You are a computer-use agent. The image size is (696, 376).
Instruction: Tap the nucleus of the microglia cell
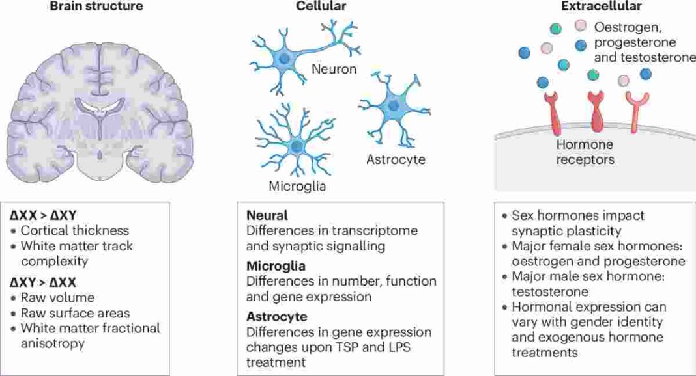pos(297,146)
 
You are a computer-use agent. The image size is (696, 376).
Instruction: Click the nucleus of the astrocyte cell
pos(394,104)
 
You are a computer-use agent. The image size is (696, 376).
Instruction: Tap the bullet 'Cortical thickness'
pos(75,230)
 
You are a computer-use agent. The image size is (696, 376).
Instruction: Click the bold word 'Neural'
pos(267,214)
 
